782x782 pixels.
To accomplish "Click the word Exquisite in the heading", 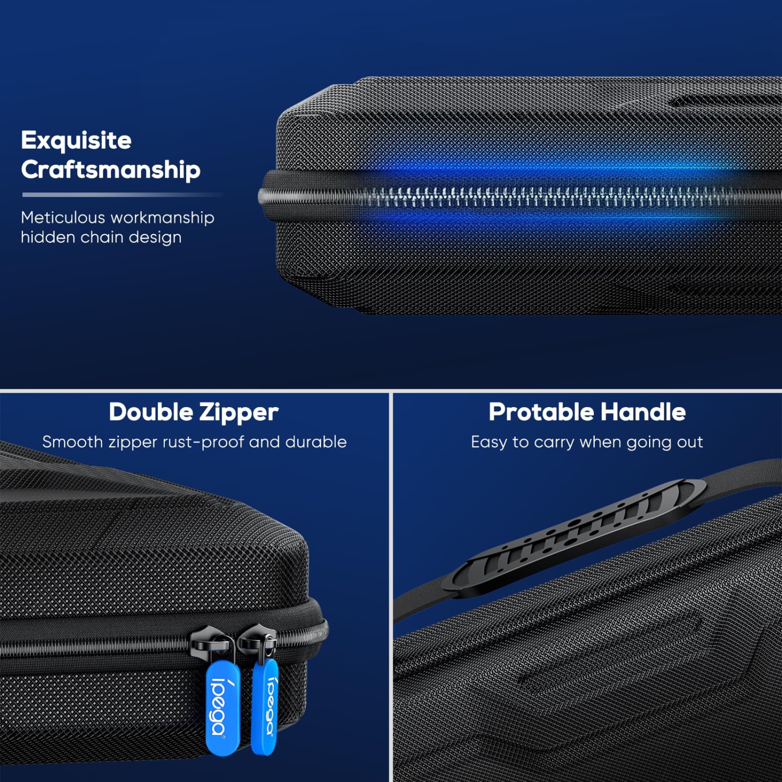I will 76,141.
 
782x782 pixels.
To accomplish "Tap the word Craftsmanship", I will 111,170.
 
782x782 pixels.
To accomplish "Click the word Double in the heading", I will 151,412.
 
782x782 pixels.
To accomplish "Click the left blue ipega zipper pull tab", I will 223,707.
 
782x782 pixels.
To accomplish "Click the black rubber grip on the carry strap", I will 576,537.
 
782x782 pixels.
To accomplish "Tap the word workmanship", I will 162,217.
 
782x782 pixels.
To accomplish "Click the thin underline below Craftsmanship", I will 123,195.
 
